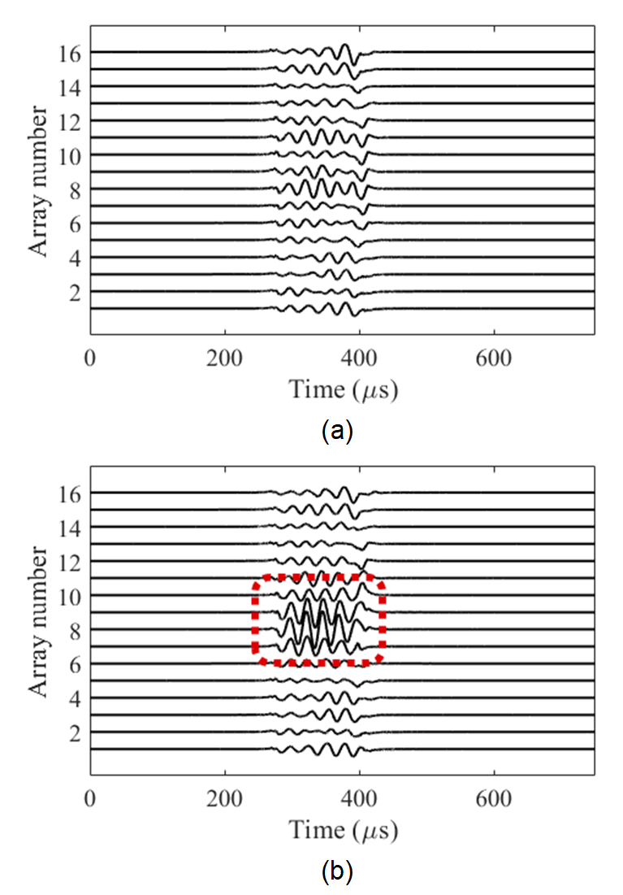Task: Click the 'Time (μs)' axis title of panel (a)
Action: click(344, 390)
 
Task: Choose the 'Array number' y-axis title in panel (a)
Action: click(40, 180)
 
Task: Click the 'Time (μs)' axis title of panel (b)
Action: click(344, 831)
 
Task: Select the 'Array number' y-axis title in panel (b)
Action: click(40, 620)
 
